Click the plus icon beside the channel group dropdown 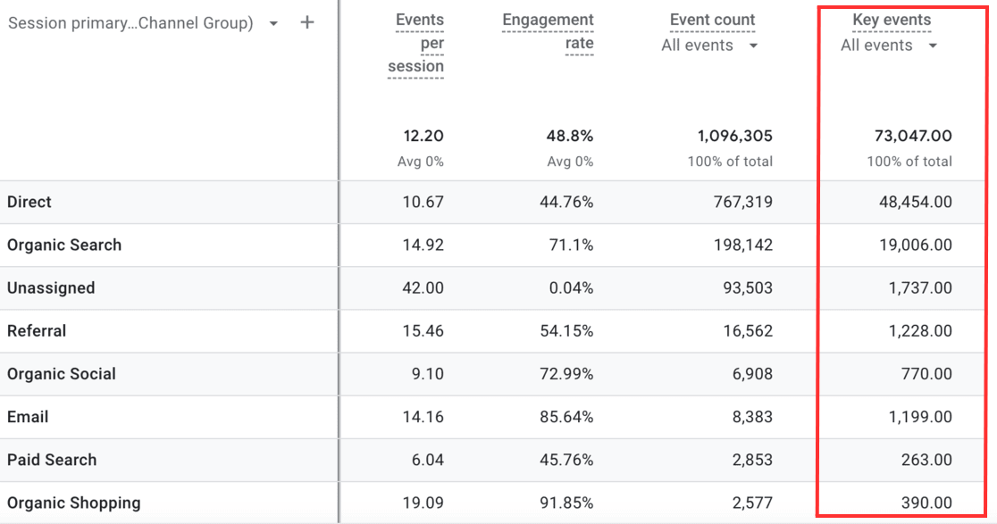point(307,23)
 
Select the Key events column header point(891,21)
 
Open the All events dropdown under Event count point(709,46)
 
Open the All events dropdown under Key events point(889,46)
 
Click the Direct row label point(29,203)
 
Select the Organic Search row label point(64,245)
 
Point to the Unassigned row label point(51,288)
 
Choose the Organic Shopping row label point(74,503)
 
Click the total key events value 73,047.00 point(913,137)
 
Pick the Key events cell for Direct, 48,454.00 point(915,203)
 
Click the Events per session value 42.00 point(423,288)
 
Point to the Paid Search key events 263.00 point(926,460)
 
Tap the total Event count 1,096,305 point(734,137)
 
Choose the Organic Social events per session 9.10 point(427,374)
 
